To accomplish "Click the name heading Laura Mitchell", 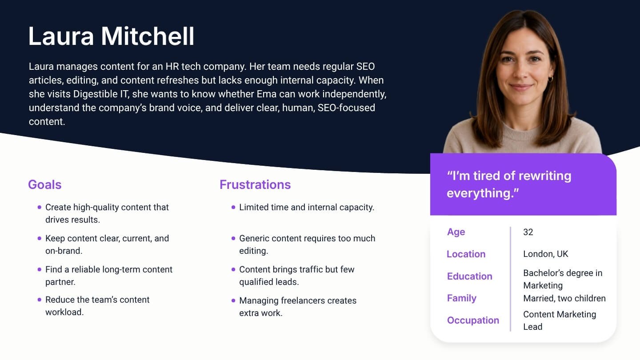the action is coord(111,36).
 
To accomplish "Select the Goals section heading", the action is coord(45,184).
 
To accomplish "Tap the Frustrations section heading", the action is coord(255,184).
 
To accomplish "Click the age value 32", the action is coord(528,232).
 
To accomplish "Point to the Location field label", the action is coord(466,254).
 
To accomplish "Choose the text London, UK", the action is coord(546,254).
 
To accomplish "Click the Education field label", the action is coord(470,276).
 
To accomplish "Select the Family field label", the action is coord(462,298).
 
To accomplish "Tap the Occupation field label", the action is coord(473,320).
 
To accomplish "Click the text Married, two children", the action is coord(564,299).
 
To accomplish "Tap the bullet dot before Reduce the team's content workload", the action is coord(40,300).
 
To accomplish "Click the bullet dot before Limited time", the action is coord(233,207).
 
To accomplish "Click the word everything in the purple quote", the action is coord(479,193).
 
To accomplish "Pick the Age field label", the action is coord(456,232).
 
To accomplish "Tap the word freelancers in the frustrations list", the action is coord(303,300).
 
